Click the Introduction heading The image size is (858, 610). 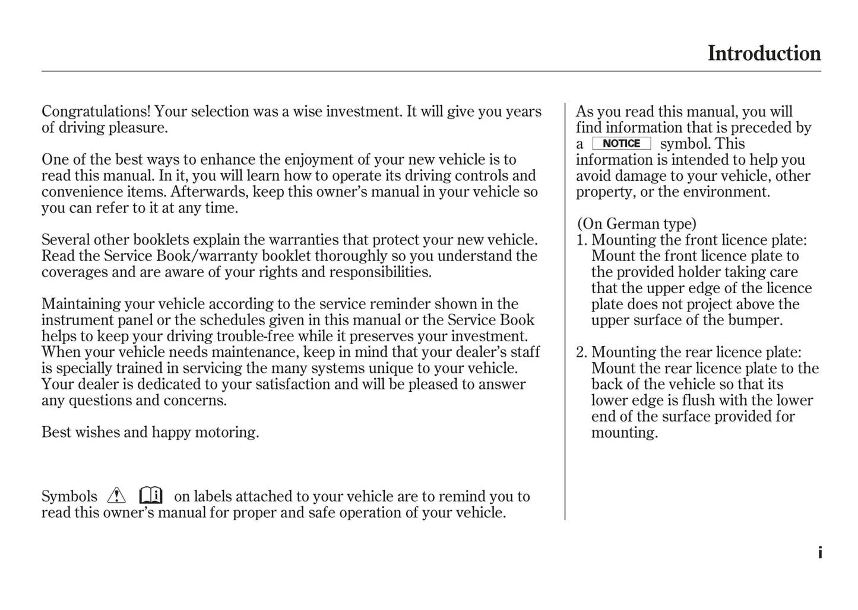click(x=764, y=54)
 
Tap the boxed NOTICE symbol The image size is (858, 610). click(x=621, y=144)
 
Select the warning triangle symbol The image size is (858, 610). click(x=117, y=495)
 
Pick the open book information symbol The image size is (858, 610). click(x=151, y=495)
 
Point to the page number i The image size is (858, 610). click(x=820, y=553)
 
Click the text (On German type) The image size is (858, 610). click(x=637, y=224)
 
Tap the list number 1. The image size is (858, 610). click(x=581, y=240)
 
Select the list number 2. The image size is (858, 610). click(x=581, y=353)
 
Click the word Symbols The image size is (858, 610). click(x=69, y=497)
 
